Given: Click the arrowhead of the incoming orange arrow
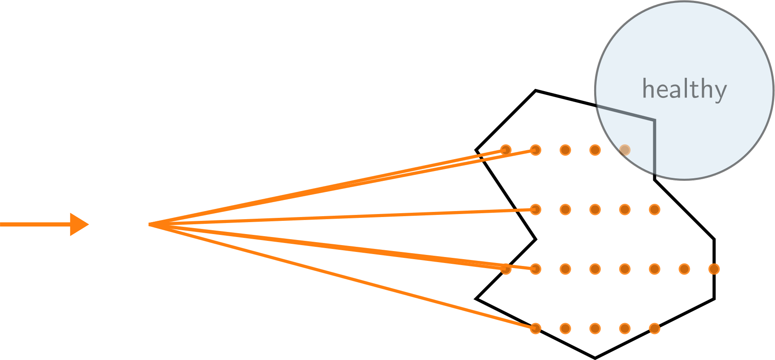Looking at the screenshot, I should [x=80, y=224].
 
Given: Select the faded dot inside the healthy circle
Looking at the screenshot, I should [x=624, y=150].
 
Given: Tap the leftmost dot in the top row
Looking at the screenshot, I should [x=506, y=150].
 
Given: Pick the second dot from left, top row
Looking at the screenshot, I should [x=535, y=150].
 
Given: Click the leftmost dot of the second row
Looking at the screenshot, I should [x=535, y=209].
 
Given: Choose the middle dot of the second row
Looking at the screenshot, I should [x=595, y=209].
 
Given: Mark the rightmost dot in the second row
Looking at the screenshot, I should [x=655, y=209].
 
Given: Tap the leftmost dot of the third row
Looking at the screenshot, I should [x=506, y=269].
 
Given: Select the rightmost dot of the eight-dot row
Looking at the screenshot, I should [x=714, y=269].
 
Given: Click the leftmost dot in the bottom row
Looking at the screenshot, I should [x=535, y=329].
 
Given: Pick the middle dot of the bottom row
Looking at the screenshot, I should [x=595, y=329].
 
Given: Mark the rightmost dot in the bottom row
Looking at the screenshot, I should [x=655, y=329].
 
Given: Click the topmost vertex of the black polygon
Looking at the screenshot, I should [x=535, y=90].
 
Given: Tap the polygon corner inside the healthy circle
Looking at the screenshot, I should [x=654, y=120].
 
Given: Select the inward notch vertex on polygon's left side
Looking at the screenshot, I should [x=535, y=239].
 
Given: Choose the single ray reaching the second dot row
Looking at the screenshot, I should [x=340, y=217].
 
